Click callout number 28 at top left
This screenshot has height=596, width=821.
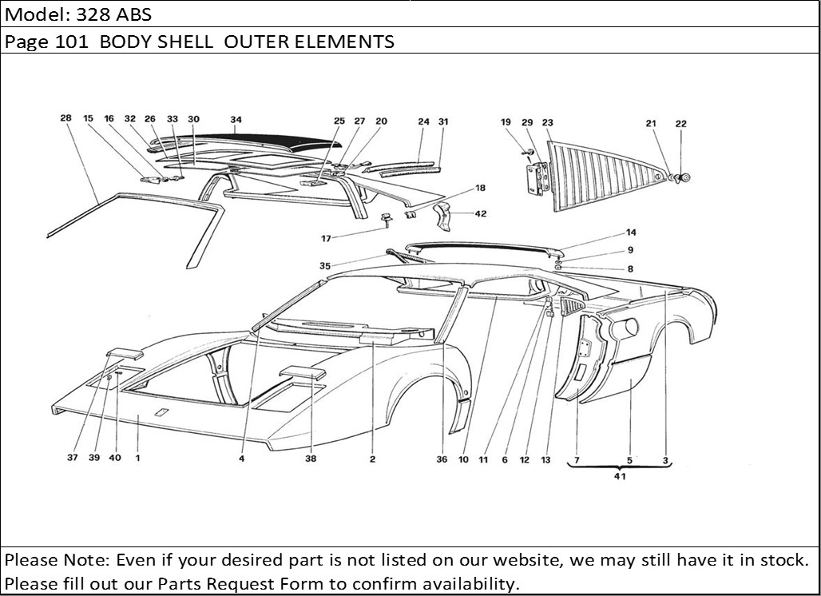65,118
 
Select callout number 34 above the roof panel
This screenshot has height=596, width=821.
236,121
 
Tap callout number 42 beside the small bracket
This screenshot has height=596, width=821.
480,214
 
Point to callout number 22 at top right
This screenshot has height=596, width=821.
680,124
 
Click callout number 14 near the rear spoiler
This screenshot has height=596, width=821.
631,233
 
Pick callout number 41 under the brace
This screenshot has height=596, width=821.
620,477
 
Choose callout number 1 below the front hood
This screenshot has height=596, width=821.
137,459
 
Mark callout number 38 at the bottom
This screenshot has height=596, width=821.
311,459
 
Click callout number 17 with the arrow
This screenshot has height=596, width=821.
325,237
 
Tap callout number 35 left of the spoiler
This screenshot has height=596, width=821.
325,265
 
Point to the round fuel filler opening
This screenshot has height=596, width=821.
628,327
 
